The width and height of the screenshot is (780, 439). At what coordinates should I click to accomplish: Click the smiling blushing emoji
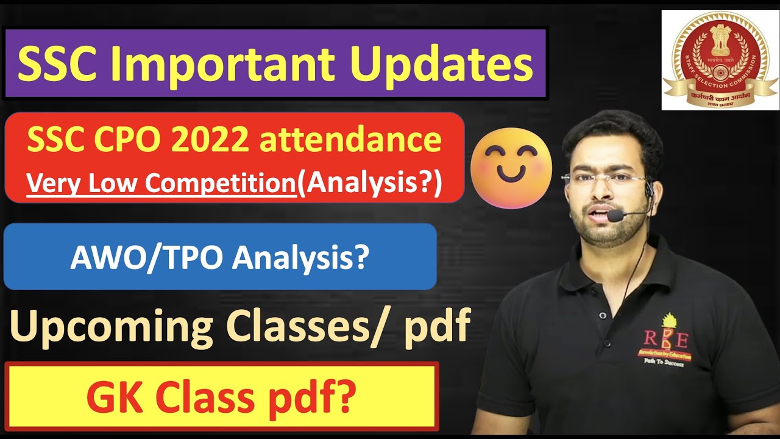pos(511,168)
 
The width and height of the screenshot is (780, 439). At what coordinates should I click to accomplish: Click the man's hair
pos(609,131)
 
